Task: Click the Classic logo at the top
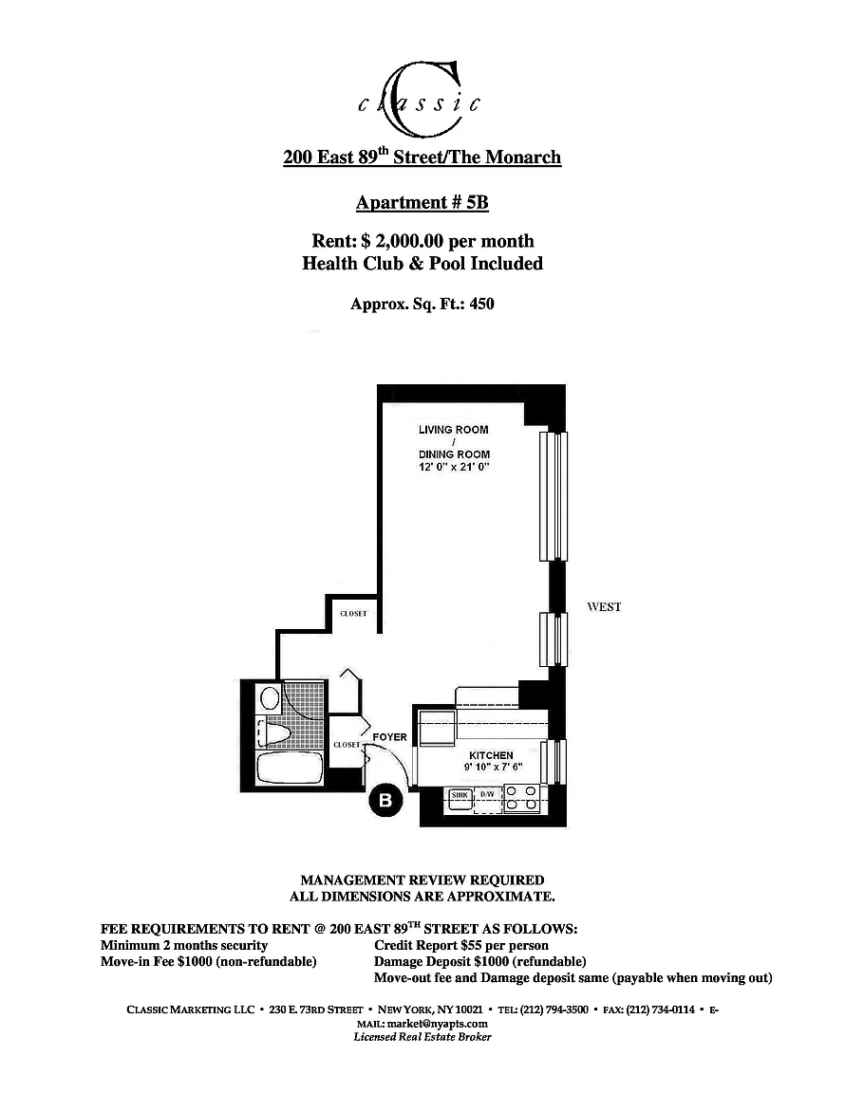coord(420,99)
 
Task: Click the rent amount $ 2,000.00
coord(403,241)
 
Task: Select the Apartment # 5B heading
coord(422,202)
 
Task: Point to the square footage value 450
coord(481,304)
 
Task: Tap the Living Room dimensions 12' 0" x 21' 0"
coord(454,467)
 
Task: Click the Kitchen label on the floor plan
coord(491,755)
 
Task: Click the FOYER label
coord(390,737)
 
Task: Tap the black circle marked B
coord(385,801)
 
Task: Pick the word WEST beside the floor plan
coord(604,606)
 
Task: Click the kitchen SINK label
coord(460,795)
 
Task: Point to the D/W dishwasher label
coord(487,795)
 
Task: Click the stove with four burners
coord(521,799)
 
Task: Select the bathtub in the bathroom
coord(289,769)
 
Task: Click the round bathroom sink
coord(270,697)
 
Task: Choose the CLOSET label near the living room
coord(353,614)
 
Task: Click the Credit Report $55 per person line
coord(461,946)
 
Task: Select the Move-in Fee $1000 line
coord(209,962)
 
